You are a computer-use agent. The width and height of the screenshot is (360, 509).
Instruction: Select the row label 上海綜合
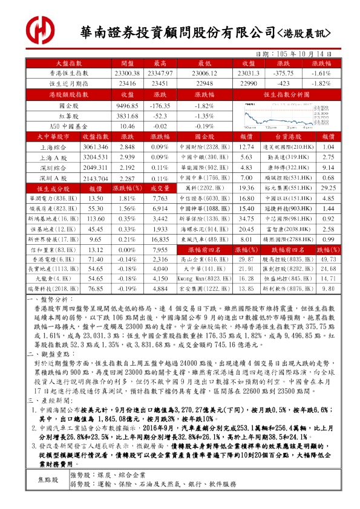click(53, 148)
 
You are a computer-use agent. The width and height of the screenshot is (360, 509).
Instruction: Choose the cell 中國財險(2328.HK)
click(206, 148)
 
